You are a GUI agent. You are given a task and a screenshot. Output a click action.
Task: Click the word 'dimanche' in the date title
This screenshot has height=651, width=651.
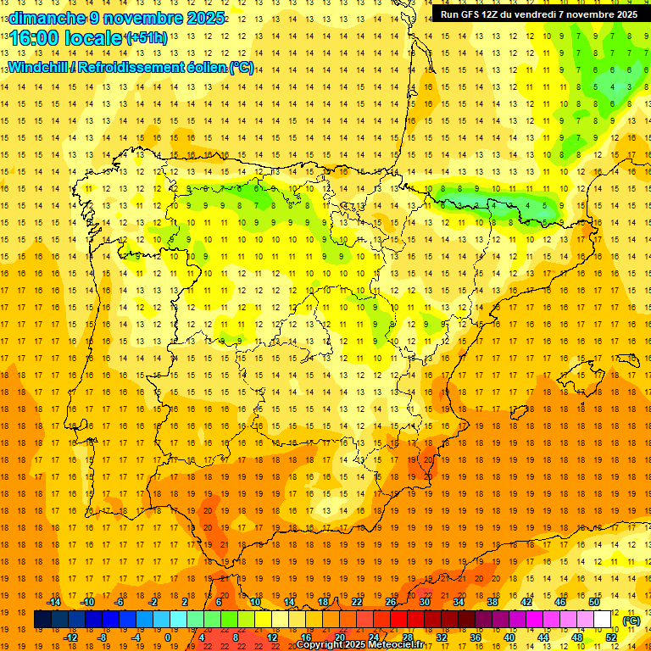(45, 18)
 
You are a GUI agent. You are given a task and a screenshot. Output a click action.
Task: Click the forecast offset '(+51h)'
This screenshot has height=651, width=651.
(146, 38)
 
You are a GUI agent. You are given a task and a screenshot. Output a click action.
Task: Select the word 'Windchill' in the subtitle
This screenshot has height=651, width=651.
(40, 68)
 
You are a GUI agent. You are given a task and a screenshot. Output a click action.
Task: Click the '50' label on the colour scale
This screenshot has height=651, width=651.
(593, 602)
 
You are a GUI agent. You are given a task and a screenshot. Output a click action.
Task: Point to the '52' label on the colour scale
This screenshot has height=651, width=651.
(610, 637)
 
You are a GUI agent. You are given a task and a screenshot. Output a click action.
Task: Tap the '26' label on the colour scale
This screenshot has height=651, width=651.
(391, 602)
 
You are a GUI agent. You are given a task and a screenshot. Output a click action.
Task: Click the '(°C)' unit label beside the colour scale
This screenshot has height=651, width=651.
(631, 620)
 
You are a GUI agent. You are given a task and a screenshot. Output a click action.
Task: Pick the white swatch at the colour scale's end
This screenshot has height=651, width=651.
(603, 620)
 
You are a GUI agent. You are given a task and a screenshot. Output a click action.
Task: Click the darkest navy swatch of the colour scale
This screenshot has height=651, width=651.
(42, 620)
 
